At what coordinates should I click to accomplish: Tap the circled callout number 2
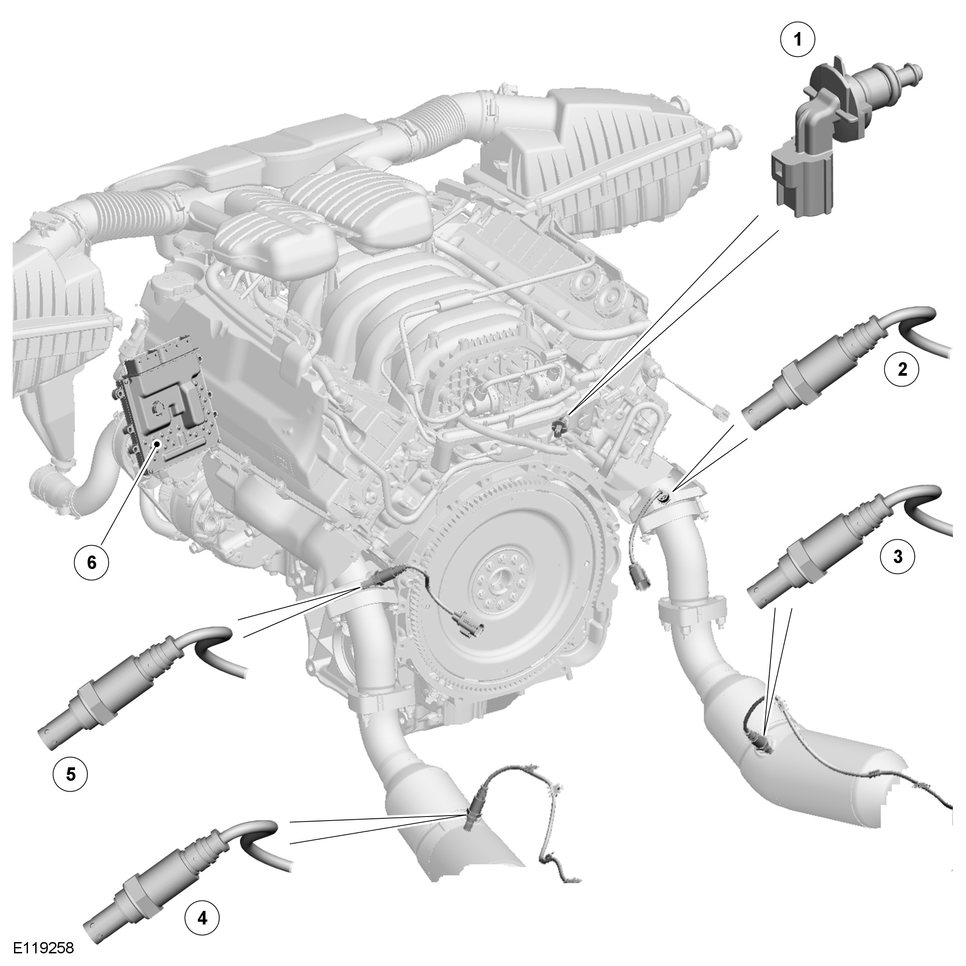[x=901, y=369]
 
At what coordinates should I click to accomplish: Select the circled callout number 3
[x=898, y=556]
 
